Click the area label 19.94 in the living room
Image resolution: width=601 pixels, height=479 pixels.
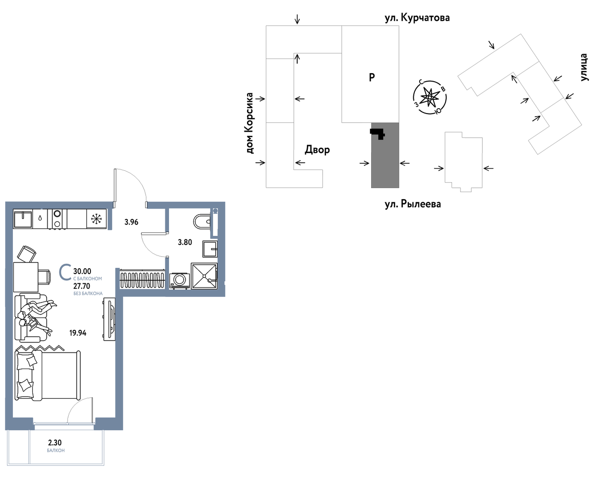point(78,333)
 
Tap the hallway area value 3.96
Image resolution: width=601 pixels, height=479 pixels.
point(131,222)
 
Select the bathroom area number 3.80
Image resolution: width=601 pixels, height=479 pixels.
point(185,242)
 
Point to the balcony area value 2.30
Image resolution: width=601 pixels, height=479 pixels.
point(55,443)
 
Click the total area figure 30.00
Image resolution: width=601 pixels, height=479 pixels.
point(82,271)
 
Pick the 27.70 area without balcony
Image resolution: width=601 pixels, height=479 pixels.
point(82,286)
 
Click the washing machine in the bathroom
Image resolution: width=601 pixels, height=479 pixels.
point(180,281)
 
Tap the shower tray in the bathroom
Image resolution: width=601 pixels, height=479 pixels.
point(204,276)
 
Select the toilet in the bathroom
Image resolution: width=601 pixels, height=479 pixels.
point(202,222)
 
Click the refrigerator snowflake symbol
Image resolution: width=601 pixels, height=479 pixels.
point(96,219)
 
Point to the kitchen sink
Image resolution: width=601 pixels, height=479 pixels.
point(23,219)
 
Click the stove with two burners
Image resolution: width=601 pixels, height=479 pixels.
point(57,219)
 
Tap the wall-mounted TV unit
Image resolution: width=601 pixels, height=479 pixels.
point(110,319)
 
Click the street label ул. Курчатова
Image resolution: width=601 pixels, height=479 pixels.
point(417,18)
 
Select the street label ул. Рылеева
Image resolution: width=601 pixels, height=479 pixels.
point(413,204)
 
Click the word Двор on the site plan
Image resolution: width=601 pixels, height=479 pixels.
point(317,150)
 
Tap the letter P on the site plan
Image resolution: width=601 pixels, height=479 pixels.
point(372,77)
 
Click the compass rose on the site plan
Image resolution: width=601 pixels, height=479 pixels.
point(429,97)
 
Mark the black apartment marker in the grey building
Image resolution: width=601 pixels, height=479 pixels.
point(378,133)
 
